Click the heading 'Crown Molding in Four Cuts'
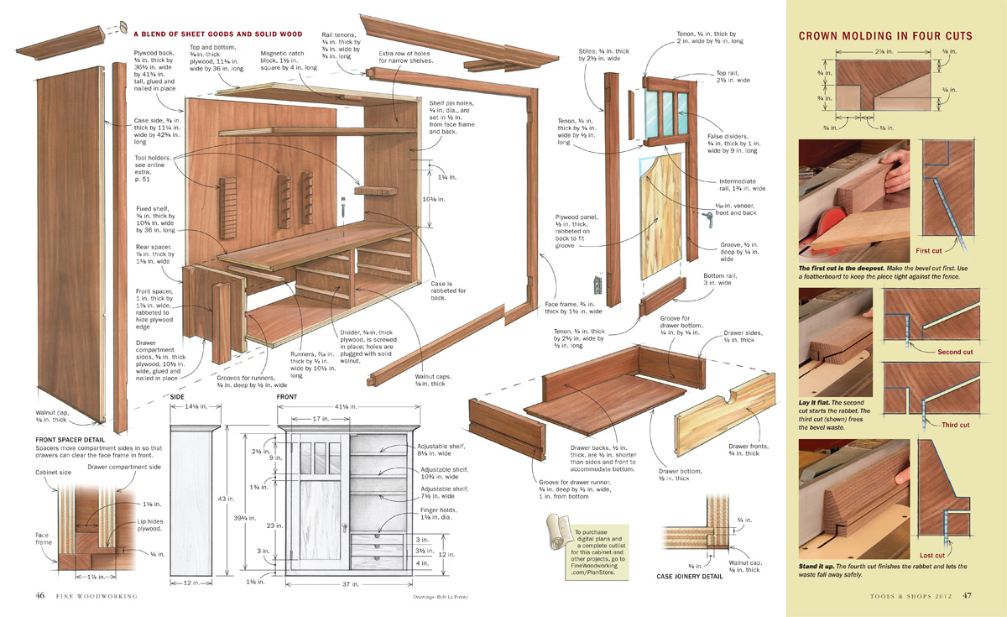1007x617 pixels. pos(885,36)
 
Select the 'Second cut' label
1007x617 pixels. pos(954,352)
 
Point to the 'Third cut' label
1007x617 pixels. pos(955,425)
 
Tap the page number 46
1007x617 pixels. pos(39,596)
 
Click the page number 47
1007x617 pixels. pos(967,596)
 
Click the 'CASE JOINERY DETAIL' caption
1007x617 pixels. pos(696,577)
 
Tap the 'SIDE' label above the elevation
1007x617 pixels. pos(178,396)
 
